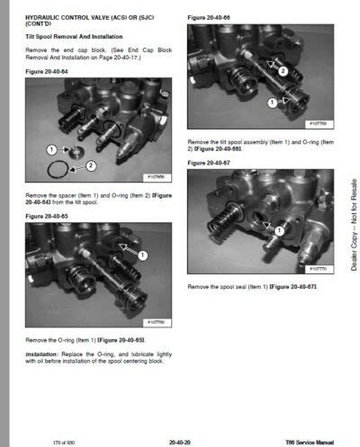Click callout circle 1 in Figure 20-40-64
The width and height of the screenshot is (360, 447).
(x=51, y=148)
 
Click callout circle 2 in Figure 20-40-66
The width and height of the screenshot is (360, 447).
(x=283, y=70)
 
